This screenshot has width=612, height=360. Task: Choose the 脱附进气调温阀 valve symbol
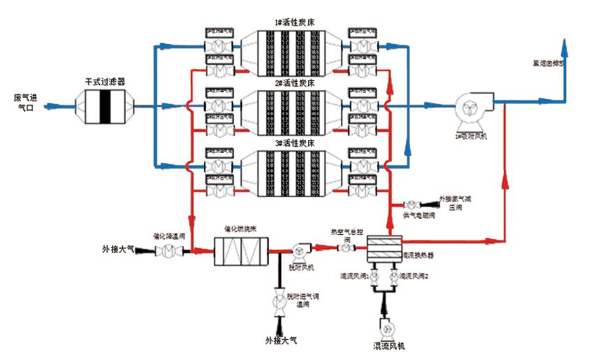[279, 299]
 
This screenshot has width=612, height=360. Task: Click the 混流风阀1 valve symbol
[373, 278]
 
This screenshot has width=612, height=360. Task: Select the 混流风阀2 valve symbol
[395, 278]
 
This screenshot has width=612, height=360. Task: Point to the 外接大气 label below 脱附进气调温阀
[281, 340]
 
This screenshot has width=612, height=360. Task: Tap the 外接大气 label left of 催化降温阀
[117, 248]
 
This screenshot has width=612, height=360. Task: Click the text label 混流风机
[389, 346]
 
